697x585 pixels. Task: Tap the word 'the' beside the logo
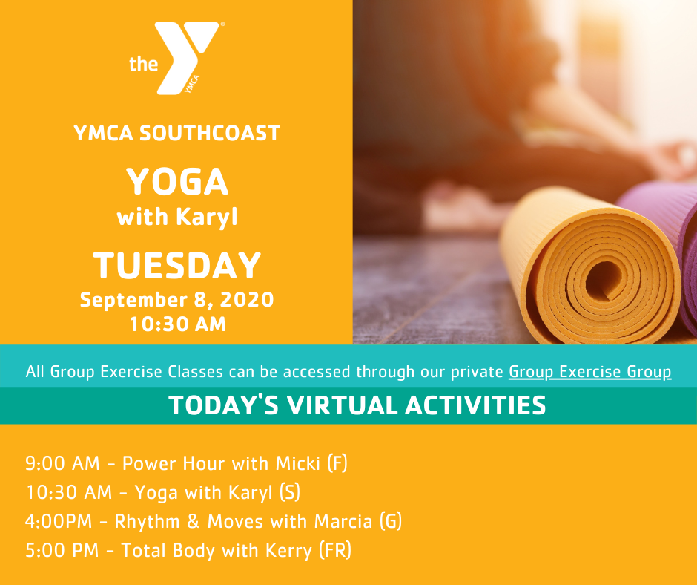tap(143, 64)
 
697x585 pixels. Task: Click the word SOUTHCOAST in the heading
tap(210, 133)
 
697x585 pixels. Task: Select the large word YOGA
tap(177, 181)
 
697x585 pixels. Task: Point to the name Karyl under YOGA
tap(207, 218)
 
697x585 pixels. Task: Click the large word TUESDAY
tap(176, 265)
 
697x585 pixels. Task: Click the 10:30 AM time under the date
tap(178, 324)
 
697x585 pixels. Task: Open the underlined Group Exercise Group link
tap(590, 372)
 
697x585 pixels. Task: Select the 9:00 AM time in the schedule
tap(62, 463)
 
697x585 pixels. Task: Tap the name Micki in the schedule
tap(298, 463)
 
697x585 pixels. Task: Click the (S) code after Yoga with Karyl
tap(290, 492)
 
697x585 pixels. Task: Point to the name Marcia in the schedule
tap(343, 521)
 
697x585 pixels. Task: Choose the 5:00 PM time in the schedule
tap(62, 550)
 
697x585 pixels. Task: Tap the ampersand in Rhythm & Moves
tap(194, 521)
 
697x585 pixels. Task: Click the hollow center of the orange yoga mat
tap(604, 281)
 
